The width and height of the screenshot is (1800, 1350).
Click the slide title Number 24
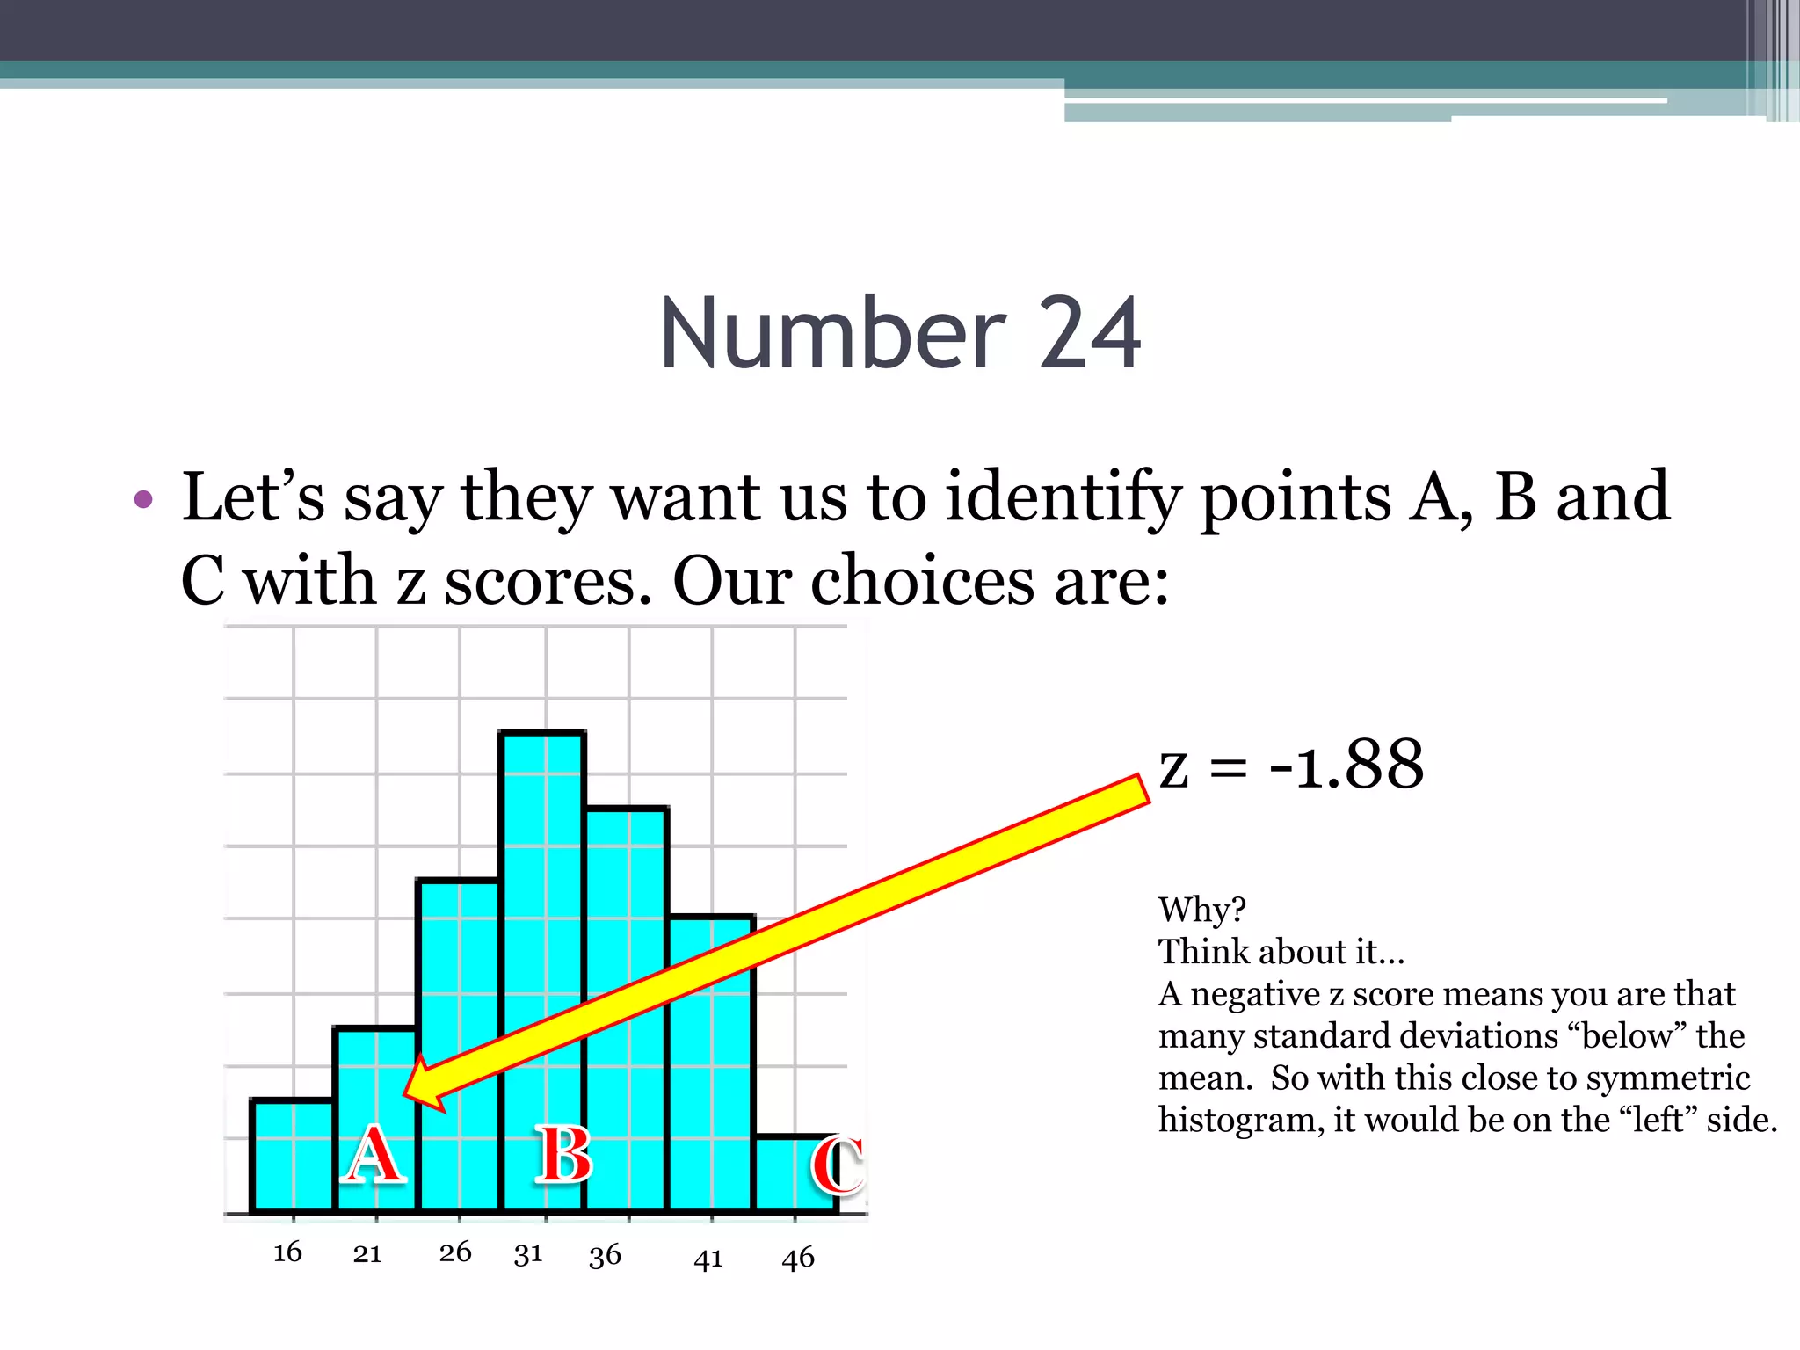click(900, 334)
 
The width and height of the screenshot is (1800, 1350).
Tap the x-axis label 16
click(287, 1252)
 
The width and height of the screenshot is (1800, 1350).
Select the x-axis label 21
click(367, 1253)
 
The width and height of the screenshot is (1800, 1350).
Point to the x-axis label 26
click(455, 1252)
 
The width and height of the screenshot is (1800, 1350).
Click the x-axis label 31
click(528, 1253)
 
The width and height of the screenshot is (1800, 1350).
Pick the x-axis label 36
click(605, 1255)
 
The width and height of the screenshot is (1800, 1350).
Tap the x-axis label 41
click(708, 1259)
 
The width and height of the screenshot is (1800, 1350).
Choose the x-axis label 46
click(798, 1258)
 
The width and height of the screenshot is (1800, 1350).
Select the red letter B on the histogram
click(564, 1155)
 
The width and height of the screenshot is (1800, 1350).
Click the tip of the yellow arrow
click(407, 1094)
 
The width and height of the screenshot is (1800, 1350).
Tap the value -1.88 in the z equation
click(1346, 765)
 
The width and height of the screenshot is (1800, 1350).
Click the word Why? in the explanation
click(1201, 910)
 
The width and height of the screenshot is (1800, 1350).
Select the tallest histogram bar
click(542, 967)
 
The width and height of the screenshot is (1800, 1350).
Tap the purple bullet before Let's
click(143, 500)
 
